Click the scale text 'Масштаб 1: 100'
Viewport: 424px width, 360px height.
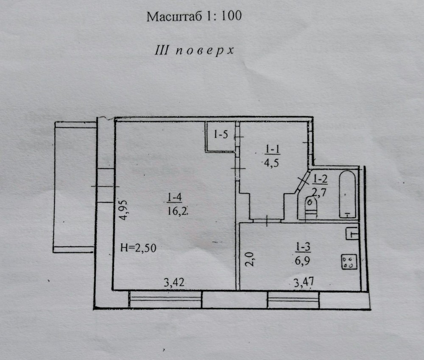point(194,16)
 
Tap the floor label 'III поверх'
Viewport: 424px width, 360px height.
point(194,50)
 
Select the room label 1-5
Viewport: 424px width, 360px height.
point(221,134)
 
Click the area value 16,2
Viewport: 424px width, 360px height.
point(177,211)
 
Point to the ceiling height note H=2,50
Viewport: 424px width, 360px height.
point(138,248)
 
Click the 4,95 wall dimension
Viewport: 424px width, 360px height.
point(123,210)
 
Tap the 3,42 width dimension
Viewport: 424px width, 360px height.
point(174,282)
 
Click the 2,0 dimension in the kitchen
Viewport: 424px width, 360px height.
point(250,259)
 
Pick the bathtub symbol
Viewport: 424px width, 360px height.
point(348,194)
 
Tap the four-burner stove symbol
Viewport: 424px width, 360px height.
point(349,262)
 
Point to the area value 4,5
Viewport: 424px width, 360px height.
point(271,163)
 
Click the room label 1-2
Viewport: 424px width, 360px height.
point(321,179)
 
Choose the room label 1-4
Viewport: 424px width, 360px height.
point(174,197)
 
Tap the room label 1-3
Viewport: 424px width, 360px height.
point(303,246)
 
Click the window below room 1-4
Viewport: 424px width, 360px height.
point(165,299)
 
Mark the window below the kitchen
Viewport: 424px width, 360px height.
point(293,299)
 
